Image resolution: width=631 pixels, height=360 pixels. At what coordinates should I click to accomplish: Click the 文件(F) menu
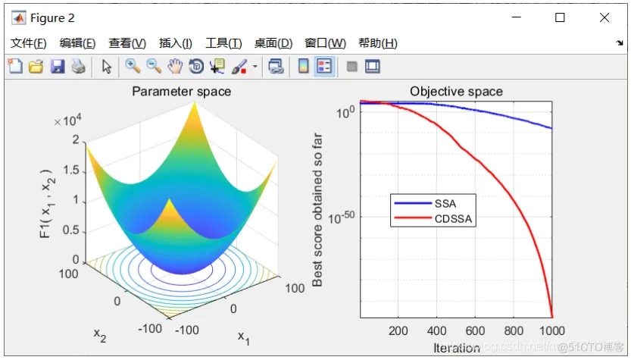click(29, 43)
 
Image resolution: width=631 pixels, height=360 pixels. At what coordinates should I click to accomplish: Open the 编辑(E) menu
click(77, 43)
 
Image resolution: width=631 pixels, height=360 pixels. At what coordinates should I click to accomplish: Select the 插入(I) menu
click(175, 43)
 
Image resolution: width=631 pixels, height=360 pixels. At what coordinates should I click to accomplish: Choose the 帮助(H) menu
click(377, 43)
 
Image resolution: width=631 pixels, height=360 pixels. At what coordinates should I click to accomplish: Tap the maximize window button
click(560, 17)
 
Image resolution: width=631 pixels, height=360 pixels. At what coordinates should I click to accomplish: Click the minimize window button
click(517, 17)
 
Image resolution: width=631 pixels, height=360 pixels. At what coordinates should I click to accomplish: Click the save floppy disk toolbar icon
click(57, 67)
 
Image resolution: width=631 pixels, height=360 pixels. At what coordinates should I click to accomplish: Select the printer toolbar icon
click(78, 67)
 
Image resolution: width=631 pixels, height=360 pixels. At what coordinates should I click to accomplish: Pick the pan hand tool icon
click(175, 67)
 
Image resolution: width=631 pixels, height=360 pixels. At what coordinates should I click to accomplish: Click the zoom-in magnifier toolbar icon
click(133, 67)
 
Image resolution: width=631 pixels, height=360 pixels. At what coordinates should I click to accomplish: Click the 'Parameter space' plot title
click(182, 92)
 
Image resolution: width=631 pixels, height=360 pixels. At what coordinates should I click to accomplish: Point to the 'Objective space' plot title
click(456, 92)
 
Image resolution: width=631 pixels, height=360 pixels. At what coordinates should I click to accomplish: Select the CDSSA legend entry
click(452, 219)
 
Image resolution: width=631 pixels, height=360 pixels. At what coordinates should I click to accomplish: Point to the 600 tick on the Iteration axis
click(475, 330)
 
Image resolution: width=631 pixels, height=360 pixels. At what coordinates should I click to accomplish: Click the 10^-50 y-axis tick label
click(341, 218)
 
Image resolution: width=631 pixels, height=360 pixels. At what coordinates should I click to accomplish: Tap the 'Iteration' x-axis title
click(456, 348)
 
